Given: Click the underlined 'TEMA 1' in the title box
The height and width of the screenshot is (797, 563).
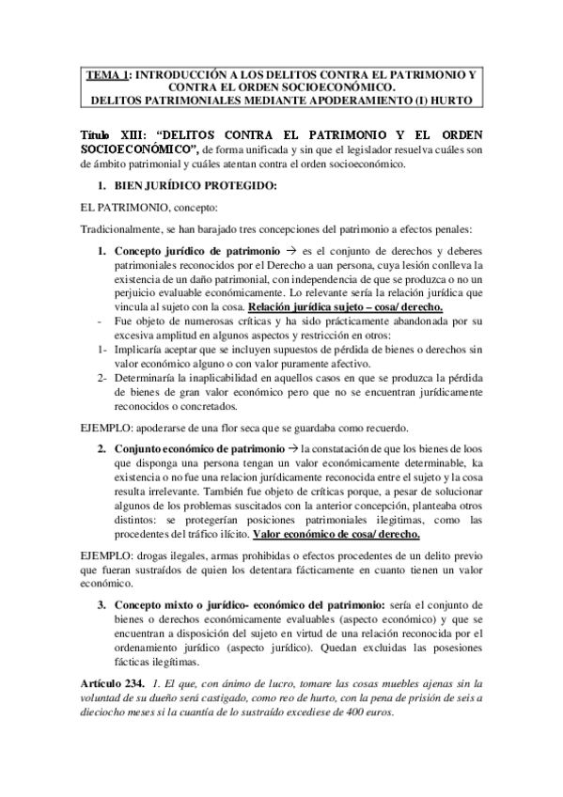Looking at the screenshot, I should pyautogui.click(x=105, y=73).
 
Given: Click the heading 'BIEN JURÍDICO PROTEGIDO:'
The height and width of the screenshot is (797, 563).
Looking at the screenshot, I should pyautogui.click(x=195, y=185).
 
